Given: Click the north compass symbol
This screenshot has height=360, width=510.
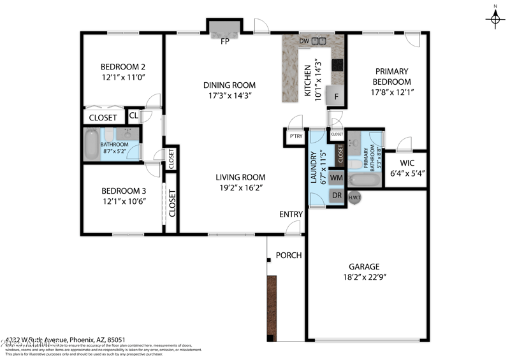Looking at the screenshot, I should (495, 18).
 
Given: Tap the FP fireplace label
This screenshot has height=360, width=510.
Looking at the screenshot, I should (224, 42).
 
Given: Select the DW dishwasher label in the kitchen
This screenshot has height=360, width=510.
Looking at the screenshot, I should (305, 41).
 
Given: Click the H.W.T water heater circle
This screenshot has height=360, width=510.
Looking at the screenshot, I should (355, 198).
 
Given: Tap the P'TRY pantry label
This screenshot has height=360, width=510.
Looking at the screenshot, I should (296, 136).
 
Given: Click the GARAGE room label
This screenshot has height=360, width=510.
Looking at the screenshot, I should (364, 266).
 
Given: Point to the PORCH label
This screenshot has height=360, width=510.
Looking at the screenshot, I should (288, 256).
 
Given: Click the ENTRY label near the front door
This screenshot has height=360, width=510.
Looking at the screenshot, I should (291, 214).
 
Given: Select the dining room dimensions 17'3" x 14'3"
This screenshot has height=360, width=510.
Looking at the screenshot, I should (229, 96).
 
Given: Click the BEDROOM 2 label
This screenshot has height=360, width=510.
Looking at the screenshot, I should (123, 66).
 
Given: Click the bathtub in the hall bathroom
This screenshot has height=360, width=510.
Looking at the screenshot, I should (92, 144).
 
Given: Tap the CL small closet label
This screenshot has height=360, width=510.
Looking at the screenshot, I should (134, 115).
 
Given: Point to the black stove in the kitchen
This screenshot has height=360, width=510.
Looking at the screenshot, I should (337, 65).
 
